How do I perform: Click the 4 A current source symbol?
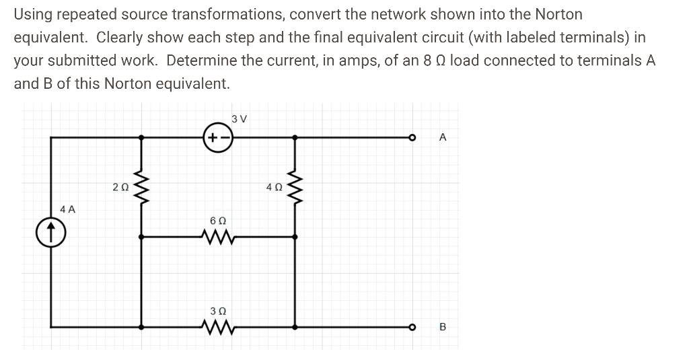click(x=51, y=231)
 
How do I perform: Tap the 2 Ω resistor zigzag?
click(x=141, y=187)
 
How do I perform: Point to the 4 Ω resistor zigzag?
click(x=294, y=187)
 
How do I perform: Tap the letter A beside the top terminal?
click(x=442, y=137)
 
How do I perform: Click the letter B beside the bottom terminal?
click(x=442, y=328)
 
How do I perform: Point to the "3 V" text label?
click(x=238, y=119)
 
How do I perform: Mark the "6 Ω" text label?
click(x=217, y=220)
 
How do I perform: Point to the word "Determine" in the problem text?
click(x=201, y=61)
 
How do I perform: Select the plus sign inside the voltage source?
click(x=211, y=137)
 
